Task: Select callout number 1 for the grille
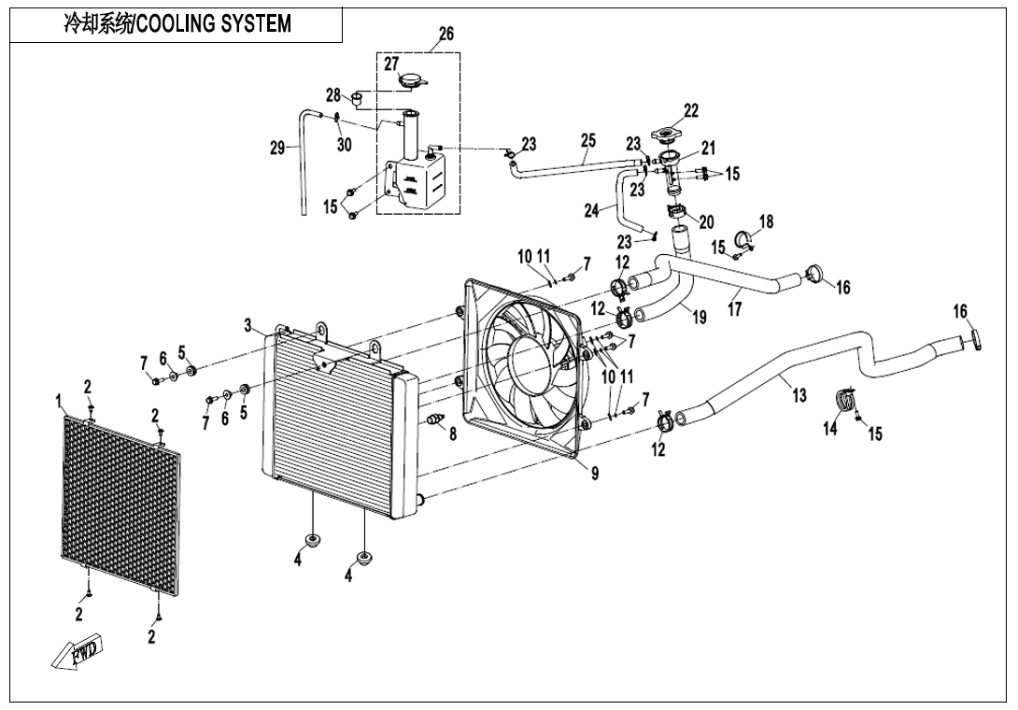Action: (59, 402)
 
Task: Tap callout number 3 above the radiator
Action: (248, 325)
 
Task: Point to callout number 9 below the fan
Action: (595, 473)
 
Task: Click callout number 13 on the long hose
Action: (799, 395)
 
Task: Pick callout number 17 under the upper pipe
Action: (735, 308)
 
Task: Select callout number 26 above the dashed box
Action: (446, 35)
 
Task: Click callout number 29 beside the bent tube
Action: (277, 148)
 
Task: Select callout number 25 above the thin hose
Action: (587, 141)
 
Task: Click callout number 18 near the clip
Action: (767, 221)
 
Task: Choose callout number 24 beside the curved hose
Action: (591, 211)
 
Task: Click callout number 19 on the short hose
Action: (700, 317)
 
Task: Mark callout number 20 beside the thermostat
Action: (706, 221)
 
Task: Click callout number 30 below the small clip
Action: (345, 145)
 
